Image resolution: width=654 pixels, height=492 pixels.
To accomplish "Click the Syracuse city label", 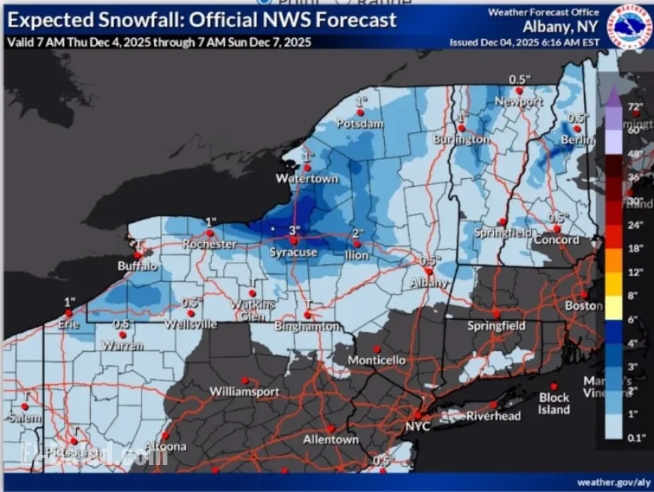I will click(x=293, y=253).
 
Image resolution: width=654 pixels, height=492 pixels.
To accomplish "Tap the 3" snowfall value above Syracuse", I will click(x=295, y=229).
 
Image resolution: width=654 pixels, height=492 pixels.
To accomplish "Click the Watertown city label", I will click(x=307, y=179).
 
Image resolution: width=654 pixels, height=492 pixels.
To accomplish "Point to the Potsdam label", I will click(x=360, y=123).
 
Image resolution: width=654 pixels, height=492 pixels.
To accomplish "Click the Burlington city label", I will click(x=461, y=140).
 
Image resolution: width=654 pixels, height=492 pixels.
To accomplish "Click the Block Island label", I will click(x=554, y=403).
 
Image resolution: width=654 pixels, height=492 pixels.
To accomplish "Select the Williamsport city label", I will click(x=244, y=392).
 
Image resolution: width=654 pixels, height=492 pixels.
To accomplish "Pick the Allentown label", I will click(x=330, y=439).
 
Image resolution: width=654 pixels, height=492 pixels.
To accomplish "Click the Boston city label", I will click(x=584, y=306).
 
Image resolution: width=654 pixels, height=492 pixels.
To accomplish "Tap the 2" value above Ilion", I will click(x=358, y=233).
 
